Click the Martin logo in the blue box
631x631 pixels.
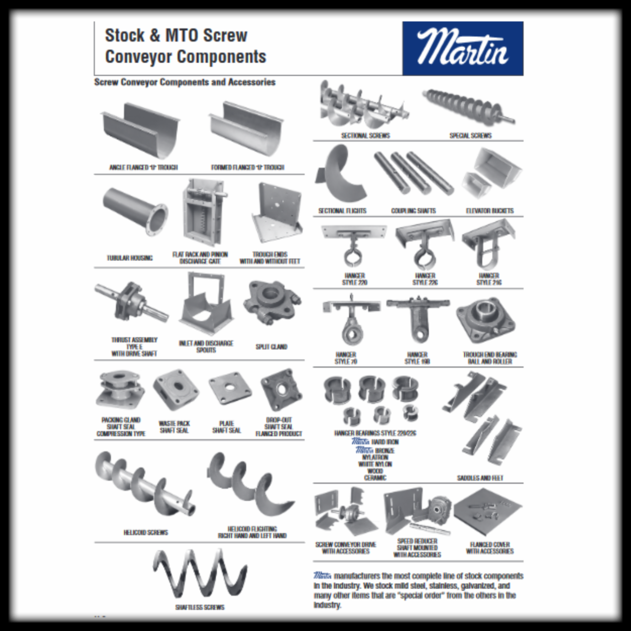(463, 48)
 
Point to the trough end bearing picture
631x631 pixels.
(485, 321)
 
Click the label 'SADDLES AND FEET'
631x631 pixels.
(480, 478)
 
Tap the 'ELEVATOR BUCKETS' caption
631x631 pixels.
(490, 211)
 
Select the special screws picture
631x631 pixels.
(470, 106)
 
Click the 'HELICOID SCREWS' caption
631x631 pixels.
(146, 533)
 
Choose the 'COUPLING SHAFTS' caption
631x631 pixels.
(413, 211)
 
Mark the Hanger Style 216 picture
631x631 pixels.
(488, 243)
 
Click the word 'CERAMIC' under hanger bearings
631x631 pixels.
(375, 478)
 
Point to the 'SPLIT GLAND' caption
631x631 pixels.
(271, 347)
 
